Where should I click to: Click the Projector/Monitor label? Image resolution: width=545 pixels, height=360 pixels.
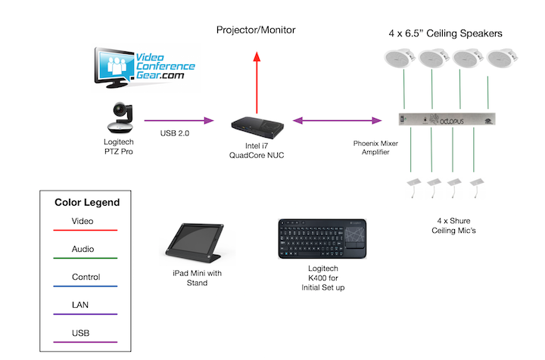pyautogui.click(x=256, y=30)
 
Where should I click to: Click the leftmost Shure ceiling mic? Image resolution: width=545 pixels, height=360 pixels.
pyautogui.click(x=414, y=185)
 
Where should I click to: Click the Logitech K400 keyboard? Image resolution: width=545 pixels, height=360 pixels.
pyautogui.click(x=323, y=239)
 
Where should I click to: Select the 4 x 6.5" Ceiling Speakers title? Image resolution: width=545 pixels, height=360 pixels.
pyautogui.click(x=445, y=33)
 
